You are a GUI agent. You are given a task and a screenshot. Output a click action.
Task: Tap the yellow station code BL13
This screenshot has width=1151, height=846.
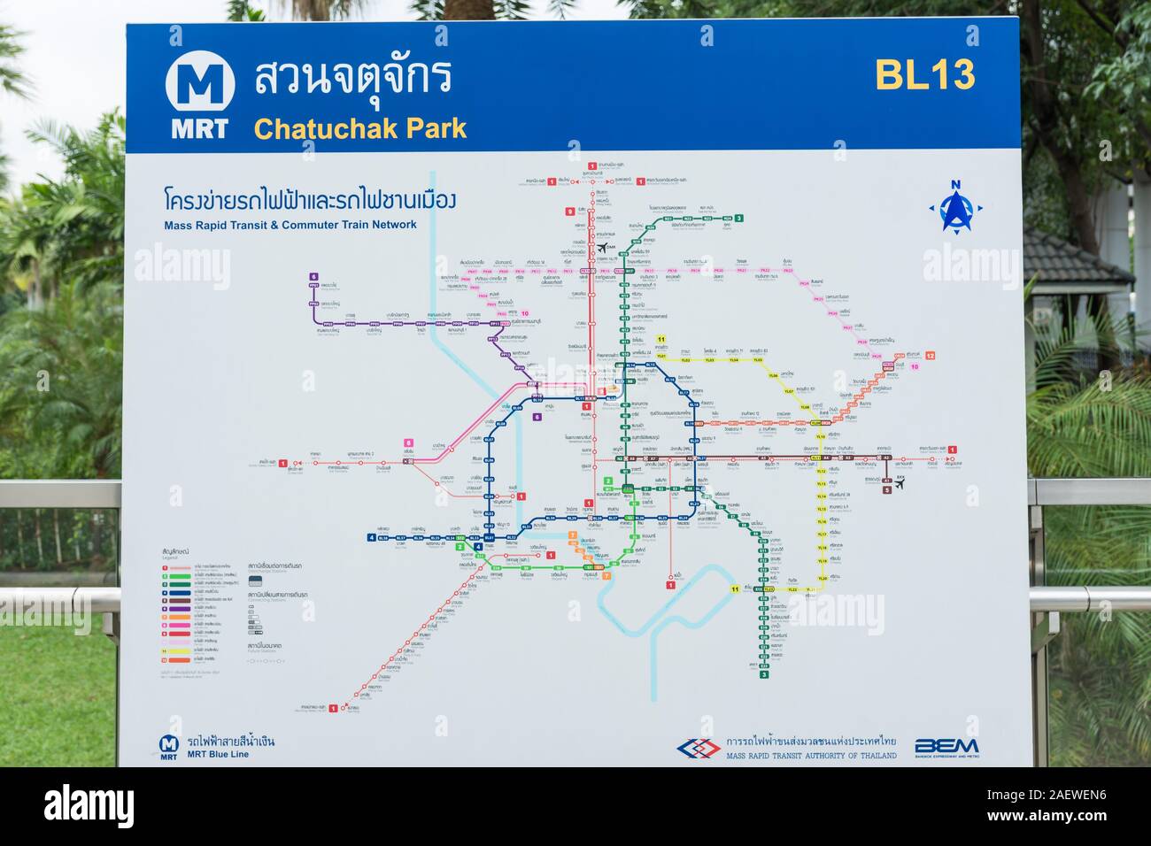[924, 75]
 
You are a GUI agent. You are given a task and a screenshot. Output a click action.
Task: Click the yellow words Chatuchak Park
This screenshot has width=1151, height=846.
[359, 128]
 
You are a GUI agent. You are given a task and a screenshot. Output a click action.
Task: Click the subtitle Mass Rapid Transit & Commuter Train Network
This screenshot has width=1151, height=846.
[290, 225]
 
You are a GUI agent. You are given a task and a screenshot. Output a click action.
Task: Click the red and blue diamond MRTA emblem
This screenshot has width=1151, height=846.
[699, 749]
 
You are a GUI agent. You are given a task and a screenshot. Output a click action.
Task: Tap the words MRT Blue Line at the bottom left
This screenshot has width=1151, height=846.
[218, 754]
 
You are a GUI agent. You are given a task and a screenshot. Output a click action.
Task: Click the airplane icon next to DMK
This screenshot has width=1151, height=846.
[605, 247]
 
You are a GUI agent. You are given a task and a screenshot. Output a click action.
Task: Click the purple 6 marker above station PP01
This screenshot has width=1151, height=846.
[313, 277]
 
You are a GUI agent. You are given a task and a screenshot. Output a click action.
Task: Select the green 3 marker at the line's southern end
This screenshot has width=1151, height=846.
[763, 674]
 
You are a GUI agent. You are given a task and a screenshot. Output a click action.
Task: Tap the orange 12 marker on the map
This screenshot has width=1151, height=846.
[930, 355]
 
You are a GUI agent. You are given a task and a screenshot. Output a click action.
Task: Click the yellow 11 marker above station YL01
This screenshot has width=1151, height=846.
[660, 339]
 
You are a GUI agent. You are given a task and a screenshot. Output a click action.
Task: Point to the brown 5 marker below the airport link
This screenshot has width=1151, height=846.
[886, 489]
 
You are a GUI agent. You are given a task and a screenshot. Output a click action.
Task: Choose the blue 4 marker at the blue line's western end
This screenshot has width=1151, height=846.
[371, 536]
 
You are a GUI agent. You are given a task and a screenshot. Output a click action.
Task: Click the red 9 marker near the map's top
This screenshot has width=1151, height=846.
[570, 211]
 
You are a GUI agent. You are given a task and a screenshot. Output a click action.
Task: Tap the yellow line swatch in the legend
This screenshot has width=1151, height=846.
[164, 650]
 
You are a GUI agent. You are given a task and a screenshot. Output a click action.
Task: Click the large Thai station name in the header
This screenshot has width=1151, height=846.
[352, 79]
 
